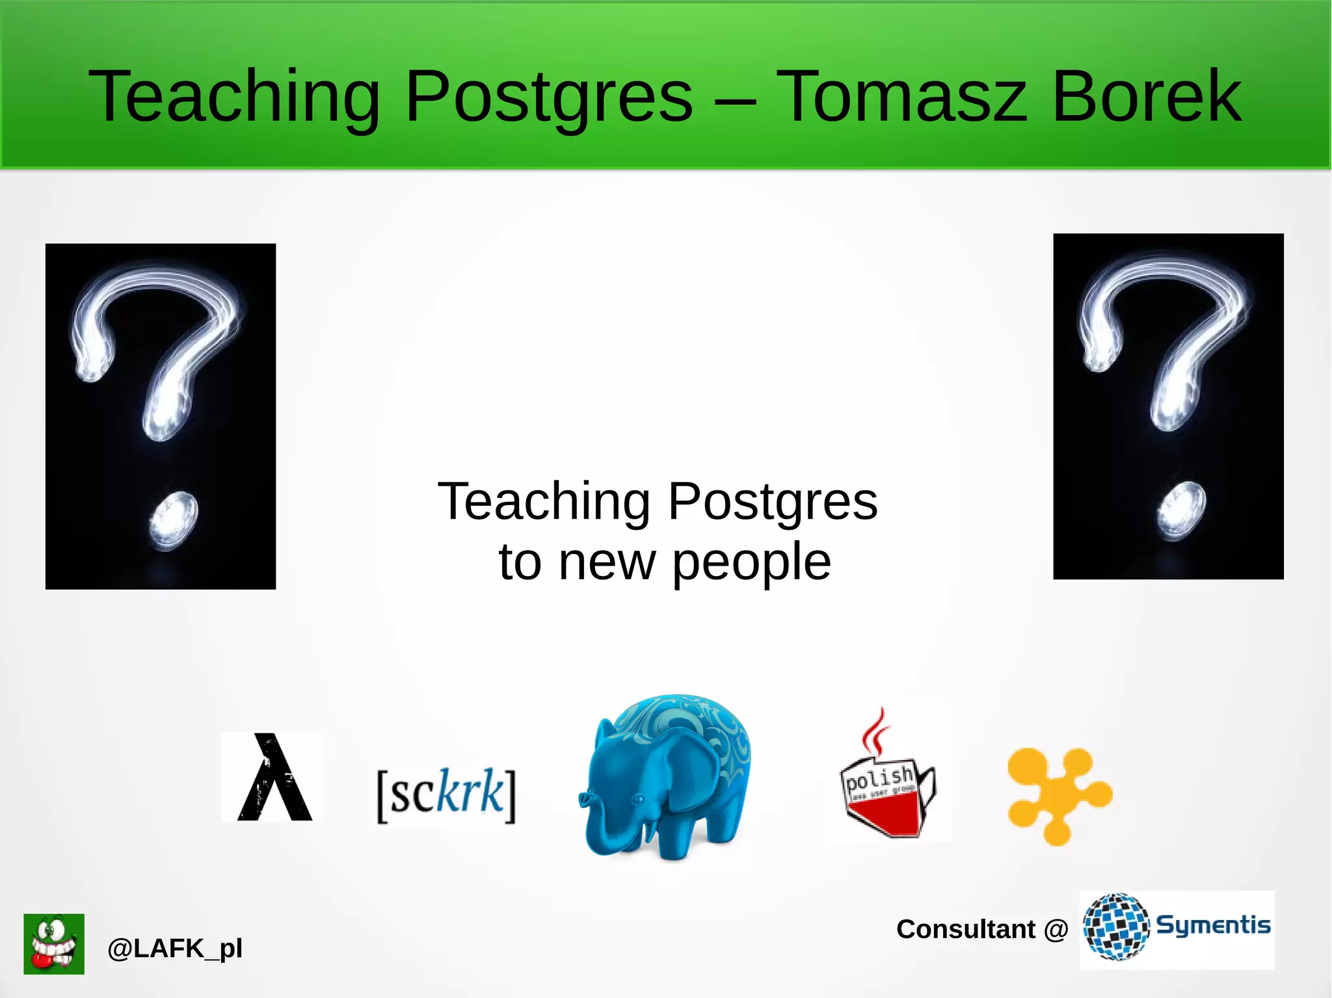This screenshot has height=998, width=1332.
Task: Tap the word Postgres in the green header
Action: pos(549,98)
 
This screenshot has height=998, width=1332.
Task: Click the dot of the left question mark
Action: pos(173,521)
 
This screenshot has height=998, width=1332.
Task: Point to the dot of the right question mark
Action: pos(1181,511)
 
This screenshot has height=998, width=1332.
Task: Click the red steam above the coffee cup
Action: pos(875,731)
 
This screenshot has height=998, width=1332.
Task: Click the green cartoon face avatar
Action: pos(54,943)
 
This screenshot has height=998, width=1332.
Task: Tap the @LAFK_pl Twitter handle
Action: pos(174,949)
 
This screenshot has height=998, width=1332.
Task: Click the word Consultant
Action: pos(965,929)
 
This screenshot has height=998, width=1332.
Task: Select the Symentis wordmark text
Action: pos(1213,925)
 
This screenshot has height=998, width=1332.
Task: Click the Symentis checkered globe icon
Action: pos(1116,926)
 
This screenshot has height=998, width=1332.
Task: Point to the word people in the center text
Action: pos(751,562)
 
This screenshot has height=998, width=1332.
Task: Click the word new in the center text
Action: pos(607,562)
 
